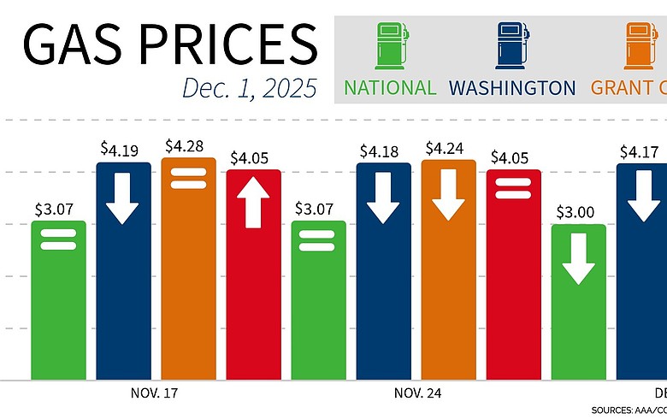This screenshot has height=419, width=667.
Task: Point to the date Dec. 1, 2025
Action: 249,88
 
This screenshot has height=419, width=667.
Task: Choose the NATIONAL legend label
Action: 390,88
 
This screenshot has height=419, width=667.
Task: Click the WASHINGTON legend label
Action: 512,88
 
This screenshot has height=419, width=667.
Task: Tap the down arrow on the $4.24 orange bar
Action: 448,201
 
